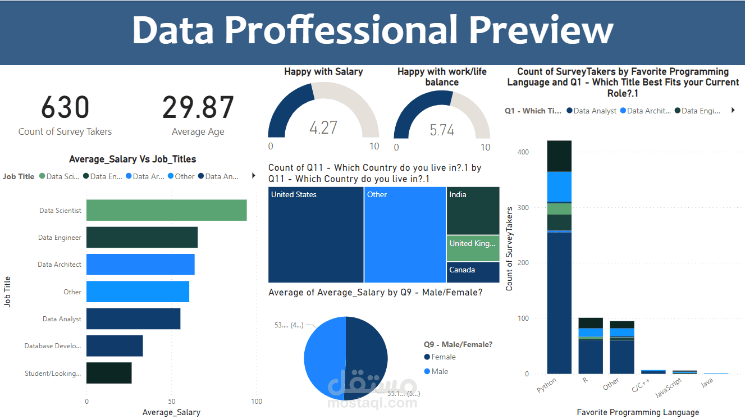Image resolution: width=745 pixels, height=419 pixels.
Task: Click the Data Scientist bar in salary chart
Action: click(166, 210)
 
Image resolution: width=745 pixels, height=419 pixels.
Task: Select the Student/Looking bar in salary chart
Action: click(109, 373)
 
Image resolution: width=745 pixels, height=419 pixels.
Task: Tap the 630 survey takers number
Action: click(65, 108)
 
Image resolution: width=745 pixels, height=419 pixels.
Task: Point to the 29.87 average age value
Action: click(198, 108)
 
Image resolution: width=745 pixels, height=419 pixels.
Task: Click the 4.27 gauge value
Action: click(323, 127)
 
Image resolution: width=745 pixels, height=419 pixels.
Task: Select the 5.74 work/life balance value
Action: click(442, 130)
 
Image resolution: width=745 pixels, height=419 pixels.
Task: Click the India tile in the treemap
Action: click(473, 211)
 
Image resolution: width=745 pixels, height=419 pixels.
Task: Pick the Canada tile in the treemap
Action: click(473, 272)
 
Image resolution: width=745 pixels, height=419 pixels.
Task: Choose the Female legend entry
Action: click(443, 357)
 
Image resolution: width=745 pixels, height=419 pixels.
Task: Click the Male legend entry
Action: click(440, 371)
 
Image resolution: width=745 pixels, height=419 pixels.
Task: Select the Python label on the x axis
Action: click(546, 386)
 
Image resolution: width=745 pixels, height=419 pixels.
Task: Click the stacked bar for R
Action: click(590, 345)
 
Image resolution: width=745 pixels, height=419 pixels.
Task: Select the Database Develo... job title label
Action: click(53, 346)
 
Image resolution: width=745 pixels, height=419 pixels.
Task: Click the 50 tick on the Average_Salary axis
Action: click(171, 402)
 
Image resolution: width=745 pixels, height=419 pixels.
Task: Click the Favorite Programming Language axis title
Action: click(638, 412)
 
